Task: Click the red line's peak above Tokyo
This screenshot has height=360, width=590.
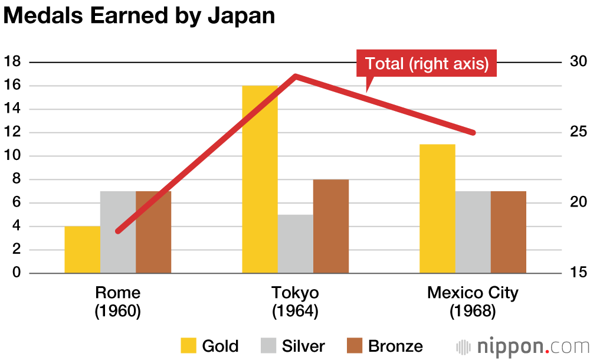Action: pos(295,76)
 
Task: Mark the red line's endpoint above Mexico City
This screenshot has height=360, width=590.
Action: pos(473,133)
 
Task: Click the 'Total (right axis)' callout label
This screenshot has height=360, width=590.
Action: pos(427,64)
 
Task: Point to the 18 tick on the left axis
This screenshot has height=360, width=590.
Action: pos(12,62)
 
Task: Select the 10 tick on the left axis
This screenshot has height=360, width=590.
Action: pos(12,156)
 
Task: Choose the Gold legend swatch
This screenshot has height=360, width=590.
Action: pos(188,345)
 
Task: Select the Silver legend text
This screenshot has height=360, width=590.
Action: pos(303,346)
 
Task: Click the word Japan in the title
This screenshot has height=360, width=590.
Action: pos(242,16)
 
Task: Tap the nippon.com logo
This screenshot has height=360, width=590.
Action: pos(523,345)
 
